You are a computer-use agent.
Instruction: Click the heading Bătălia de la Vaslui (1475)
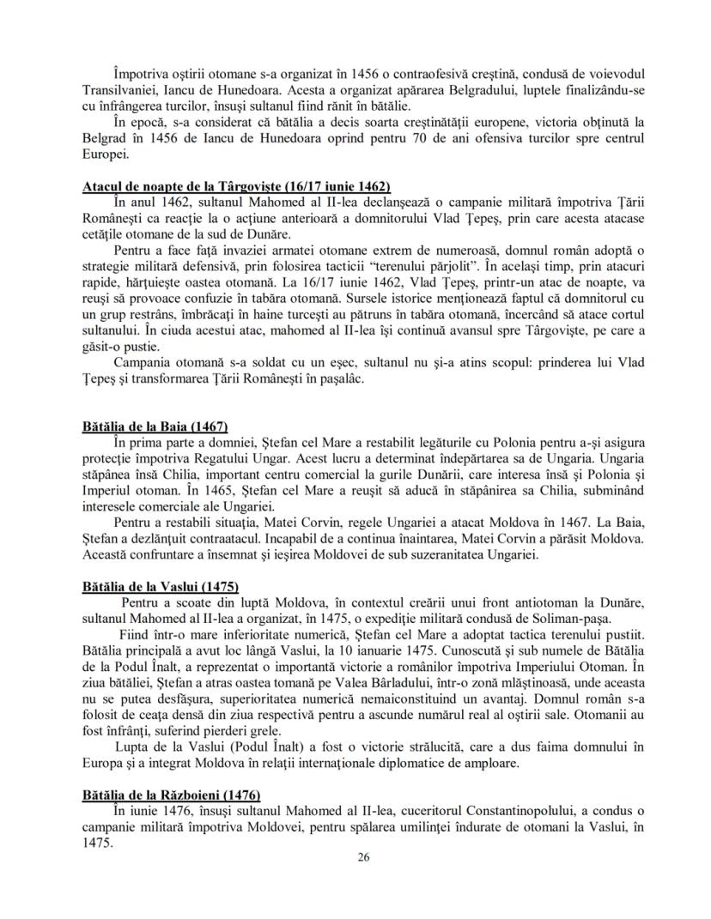point(159,587)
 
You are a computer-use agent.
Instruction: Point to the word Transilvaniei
point(122,94)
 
